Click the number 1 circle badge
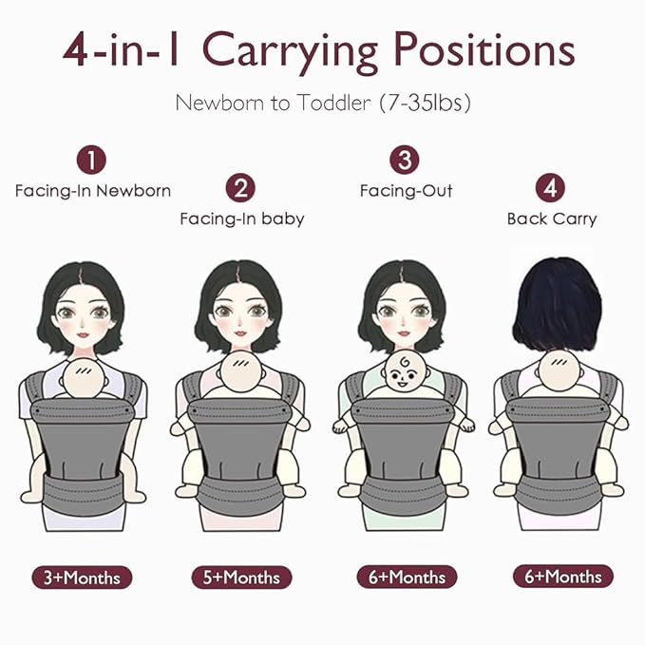click(x=91, y=160)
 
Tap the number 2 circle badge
click(x=241, y=188)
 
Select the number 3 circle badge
click(x=407, y=160)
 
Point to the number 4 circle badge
click(x=550, y=188)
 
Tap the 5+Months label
click(x=242, y=577)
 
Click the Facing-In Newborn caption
click(x=92, y=191)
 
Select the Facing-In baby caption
click(x=241, y=219)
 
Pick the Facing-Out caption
click(x=406, y=191)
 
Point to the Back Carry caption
click(x=551, y=219)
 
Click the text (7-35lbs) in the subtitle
click(x=425, y=103)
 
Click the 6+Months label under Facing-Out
click(x=407, y=577)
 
